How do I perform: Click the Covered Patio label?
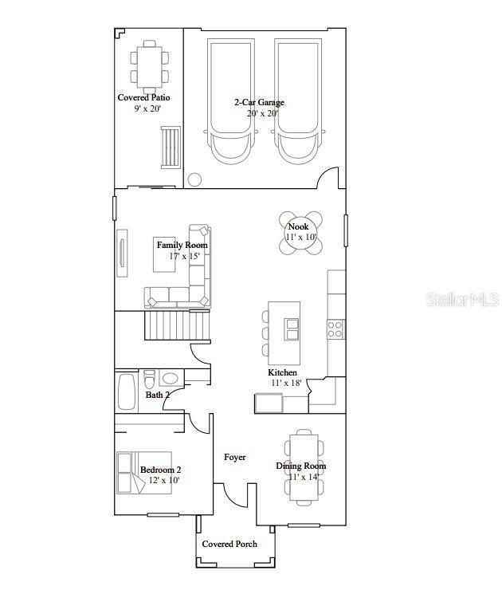click(144, 98)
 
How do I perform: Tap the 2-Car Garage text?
click(259, 102)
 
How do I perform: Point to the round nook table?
click(301, 233)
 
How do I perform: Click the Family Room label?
click(182, 245)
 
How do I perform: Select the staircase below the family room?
click(177, 325)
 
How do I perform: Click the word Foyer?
click(235, 458)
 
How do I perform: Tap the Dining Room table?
click(304, 466)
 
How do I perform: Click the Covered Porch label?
click(229, 544)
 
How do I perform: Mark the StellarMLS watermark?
click(462, 300)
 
